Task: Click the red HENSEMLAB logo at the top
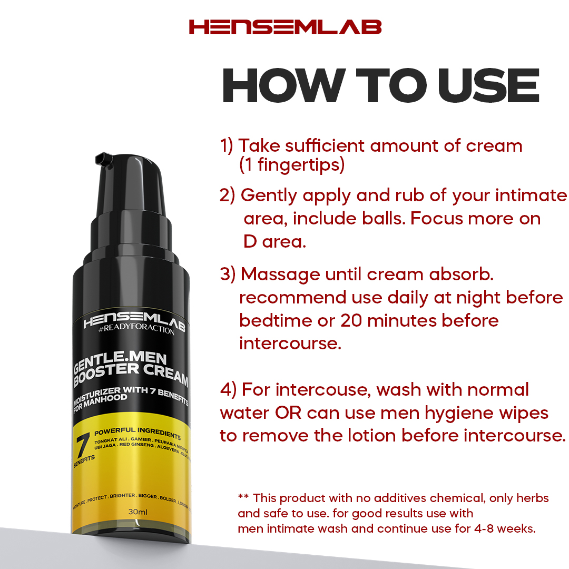click(x=285, y=27)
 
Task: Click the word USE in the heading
click(x=489, y=86)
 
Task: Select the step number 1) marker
click(x=227, y=146)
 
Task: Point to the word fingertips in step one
click(x=301, y=165)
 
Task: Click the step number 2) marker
click(x=227, y=195)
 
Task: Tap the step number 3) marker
click(x=228, y=274)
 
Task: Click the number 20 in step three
click(x=351, y=321)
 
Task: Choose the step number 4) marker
click(x=228, y=390)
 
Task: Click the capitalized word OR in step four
click(x=288, y=413)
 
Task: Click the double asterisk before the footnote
click(x=243, y=496)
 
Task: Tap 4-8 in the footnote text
click(x=484, y=529)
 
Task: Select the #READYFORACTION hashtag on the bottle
click(x=136, y=329)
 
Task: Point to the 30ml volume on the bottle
click(x=138, y=512)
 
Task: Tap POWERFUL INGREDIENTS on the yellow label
click(x=138, y=433)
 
